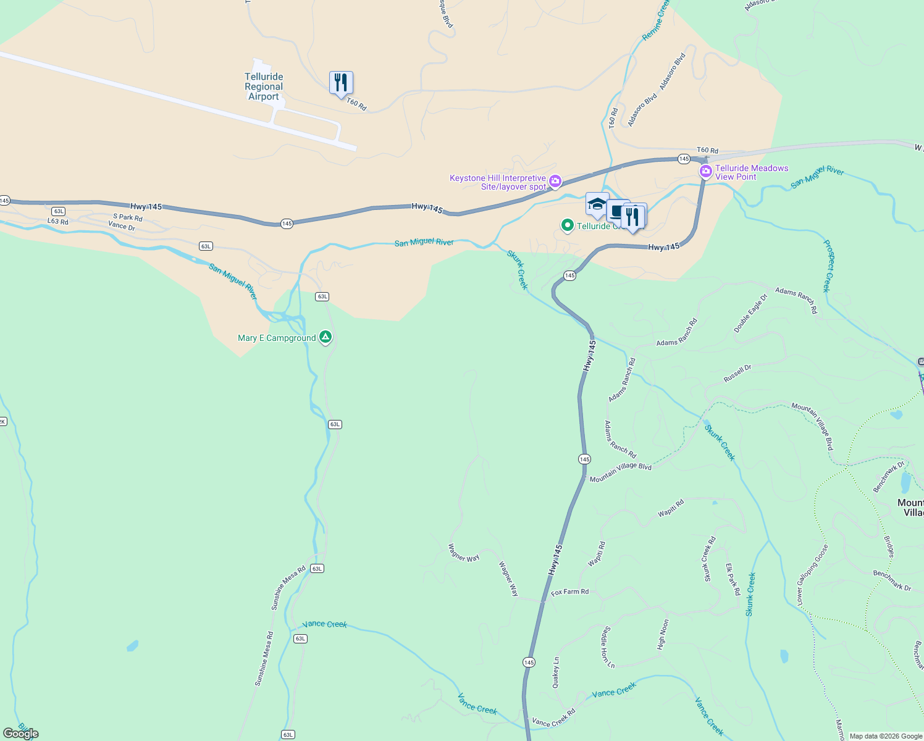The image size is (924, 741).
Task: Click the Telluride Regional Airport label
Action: (264, 86)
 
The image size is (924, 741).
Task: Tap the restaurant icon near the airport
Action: (341, 83)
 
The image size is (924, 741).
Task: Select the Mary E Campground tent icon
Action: (325, 337)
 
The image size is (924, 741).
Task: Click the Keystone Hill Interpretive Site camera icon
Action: (555, 181)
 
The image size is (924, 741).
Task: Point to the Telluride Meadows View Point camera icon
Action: (705, 171)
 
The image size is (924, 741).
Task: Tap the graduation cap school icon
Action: (597, 204)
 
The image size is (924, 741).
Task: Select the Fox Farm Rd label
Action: (569, 592)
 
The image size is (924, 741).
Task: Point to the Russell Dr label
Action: (737, 373)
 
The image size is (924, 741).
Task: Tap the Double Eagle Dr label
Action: (750, 314)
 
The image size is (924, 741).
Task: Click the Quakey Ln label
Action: (556, 672)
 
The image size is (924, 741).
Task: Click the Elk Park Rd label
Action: (733, 579)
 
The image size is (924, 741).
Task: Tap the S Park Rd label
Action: (128, 217)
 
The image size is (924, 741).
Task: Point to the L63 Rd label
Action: (58, 221)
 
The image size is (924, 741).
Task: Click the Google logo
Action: (20, 734)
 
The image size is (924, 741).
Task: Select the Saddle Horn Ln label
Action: (608, 647)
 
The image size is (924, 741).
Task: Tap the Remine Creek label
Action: (655, 21)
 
